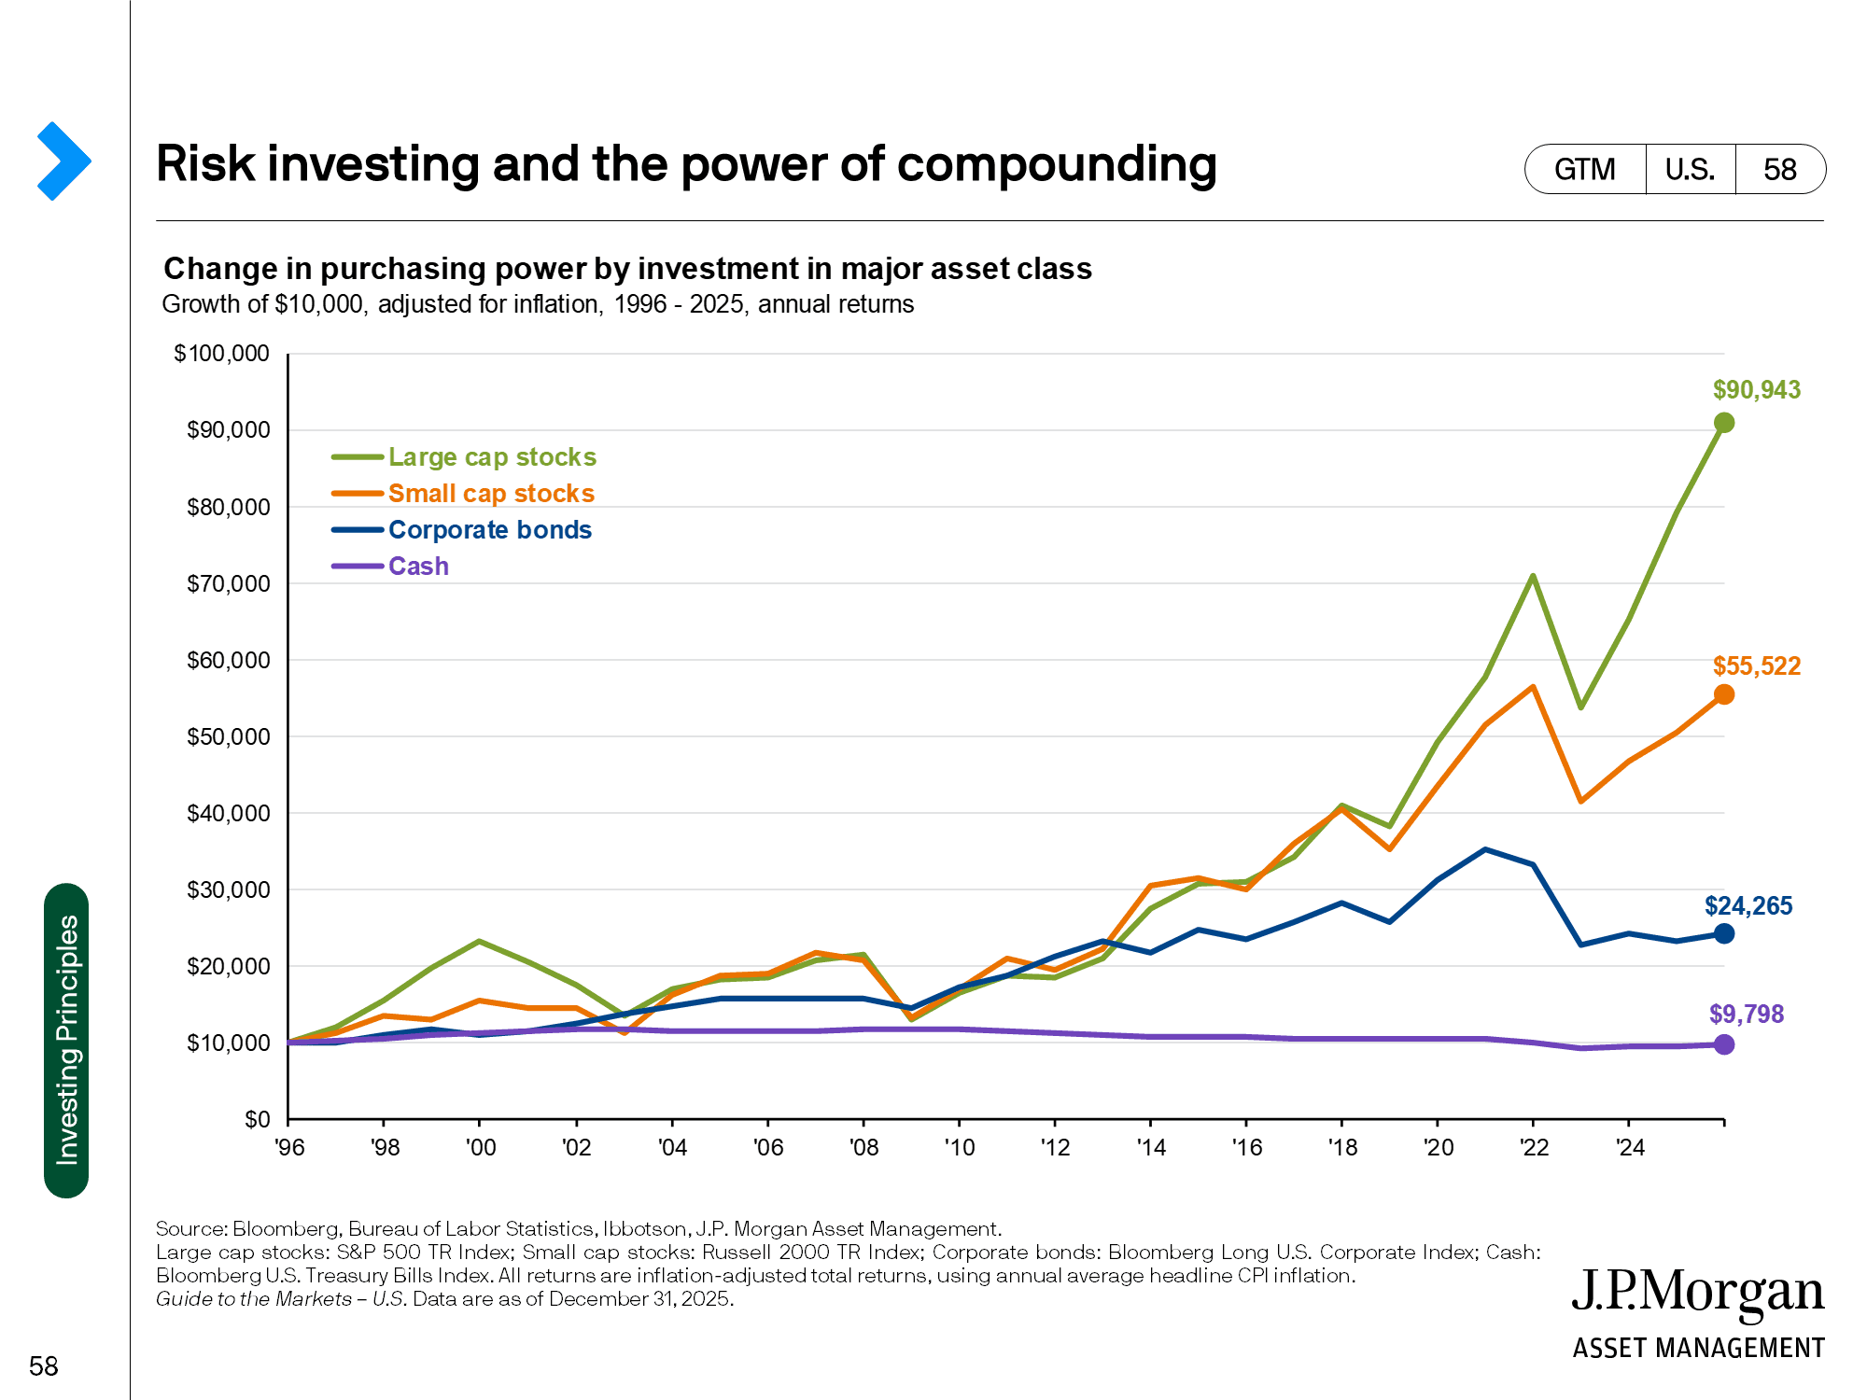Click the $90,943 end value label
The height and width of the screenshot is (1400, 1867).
pyautogui.click(x=1756, y=390)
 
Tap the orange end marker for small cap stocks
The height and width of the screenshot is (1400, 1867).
pyautogui.click(x=1724, y=694)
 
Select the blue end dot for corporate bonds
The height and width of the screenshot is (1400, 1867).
pyautogui.click(x=1724, y=933)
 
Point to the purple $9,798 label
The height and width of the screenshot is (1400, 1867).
pyautogui.click(x=1746, y=1014)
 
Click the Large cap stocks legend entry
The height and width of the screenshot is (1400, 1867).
pyautogui.click(x=491, y=457)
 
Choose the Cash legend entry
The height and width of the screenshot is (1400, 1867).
pyautogui.click(x=418, y=567)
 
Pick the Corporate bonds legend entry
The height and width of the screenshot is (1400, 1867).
pyautogui.click(x=489, y=530)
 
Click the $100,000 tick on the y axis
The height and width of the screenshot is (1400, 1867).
pyautogui.click(x=221, y=354)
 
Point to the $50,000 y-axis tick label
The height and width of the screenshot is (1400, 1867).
pyautogui.click(x=228, y=736)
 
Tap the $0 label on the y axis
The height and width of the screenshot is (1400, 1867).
pyautogui.click(x=257, y=1119)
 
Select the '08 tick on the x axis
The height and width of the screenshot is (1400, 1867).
pyautogui.click(x=863, y=1148)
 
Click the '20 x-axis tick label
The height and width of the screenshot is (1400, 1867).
pyautogui.click(x=1439, y=1148)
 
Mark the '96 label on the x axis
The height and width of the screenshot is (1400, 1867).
pyautogui.click(x=289, y=1148)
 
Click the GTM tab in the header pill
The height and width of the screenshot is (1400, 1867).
pyautogui.click(x=1584, y=169)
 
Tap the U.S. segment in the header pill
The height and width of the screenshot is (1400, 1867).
pyautogui.click(x=1690, y=169)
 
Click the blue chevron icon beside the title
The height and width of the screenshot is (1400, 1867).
pyautogui.click(x=63, y=161)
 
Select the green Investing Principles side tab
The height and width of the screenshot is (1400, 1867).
pyautogui.click(x=66, y=1040)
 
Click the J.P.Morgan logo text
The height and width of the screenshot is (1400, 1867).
pyautogui.click(x=1697, y=1293)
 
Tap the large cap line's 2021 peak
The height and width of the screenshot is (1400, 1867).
pyautogui.click(x=1533, y=576)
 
